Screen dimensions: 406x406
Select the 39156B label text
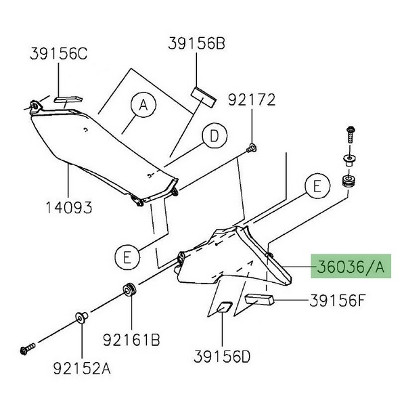[x=197, y=45]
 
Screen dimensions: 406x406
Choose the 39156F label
[x=338, y=299]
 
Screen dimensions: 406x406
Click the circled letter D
[x=214, y=137]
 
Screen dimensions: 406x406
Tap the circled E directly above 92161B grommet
[x=125, y=256]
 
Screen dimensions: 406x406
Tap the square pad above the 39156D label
[x=223, y=308]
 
